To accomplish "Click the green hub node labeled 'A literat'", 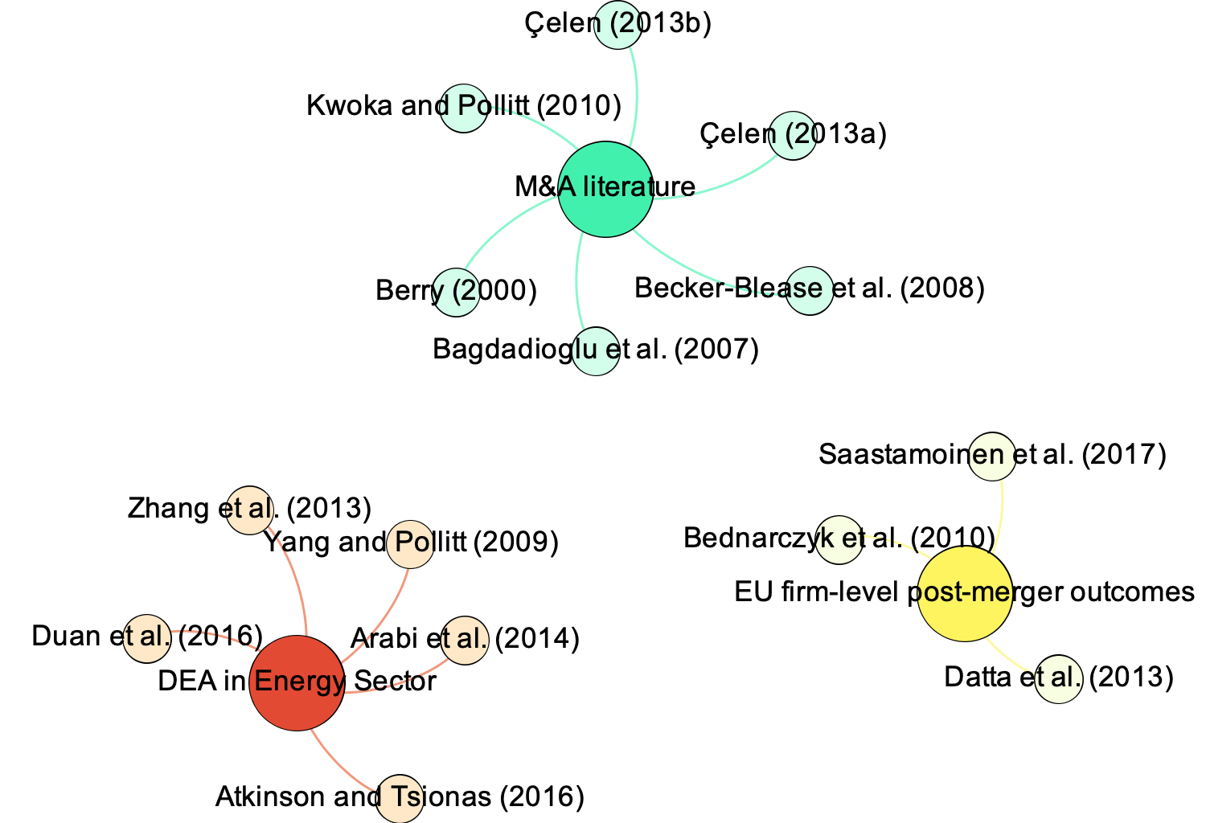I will coord(605,190).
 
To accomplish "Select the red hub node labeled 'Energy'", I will coord(297,683).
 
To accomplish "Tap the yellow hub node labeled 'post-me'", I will coord(965,594).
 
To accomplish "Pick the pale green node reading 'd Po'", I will coord(465,107).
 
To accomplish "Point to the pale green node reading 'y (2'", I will coord(456,292).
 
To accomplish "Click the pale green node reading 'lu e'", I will coord(596,351).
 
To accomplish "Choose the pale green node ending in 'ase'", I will coord(809,290).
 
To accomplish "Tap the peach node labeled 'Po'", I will coord(410,544).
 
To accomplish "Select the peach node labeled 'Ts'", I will coord(400,798).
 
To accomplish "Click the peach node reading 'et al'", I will coord(249,510).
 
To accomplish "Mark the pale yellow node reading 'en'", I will coord(992,457).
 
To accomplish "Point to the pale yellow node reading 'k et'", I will coord(839,539).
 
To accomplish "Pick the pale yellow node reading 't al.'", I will coord(1058,678).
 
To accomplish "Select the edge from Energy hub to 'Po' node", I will coord(383,620).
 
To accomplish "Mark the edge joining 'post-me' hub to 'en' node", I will coord(1002,514).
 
